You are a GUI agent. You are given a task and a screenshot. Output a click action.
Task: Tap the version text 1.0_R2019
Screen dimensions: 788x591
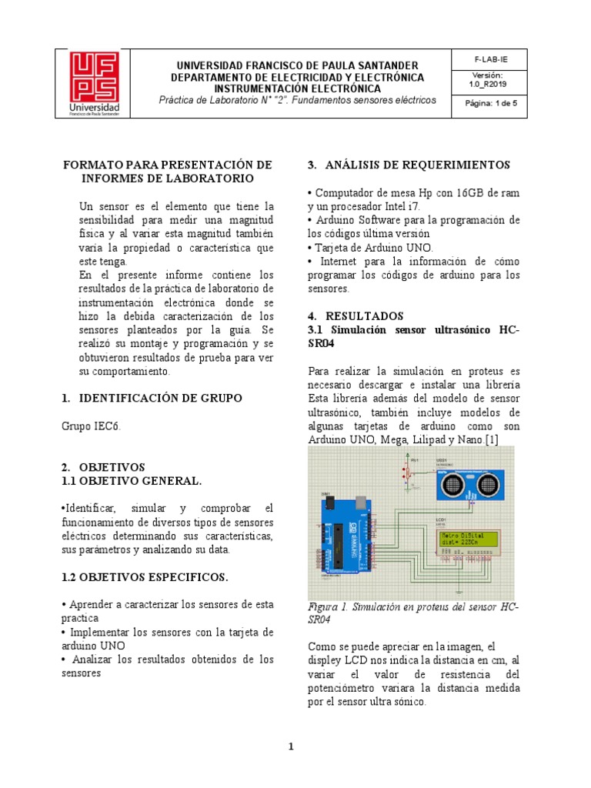[486, 84]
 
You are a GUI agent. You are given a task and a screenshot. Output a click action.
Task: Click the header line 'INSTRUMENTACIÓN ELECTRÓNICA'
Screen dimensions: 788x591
[297, 88]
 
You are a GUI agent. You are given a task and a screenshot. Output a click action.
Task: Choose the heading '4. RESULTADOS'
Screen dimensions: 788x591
[355, 316]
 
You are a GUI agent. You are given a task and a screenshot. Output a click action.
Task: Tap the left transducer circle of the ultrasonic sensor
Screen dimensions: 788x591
[452, 485]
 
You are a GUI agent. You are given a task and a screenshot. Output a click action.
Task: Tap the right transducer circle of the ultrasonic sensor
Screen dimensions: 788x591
[488, 485]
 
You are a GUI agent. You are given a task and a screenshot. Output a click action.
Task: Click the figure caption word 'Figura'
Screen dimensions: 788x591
[323, 606]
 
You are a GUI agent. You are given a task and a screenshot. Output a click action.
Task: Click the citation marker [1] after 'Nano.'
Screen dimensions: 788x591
[491, 439]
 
